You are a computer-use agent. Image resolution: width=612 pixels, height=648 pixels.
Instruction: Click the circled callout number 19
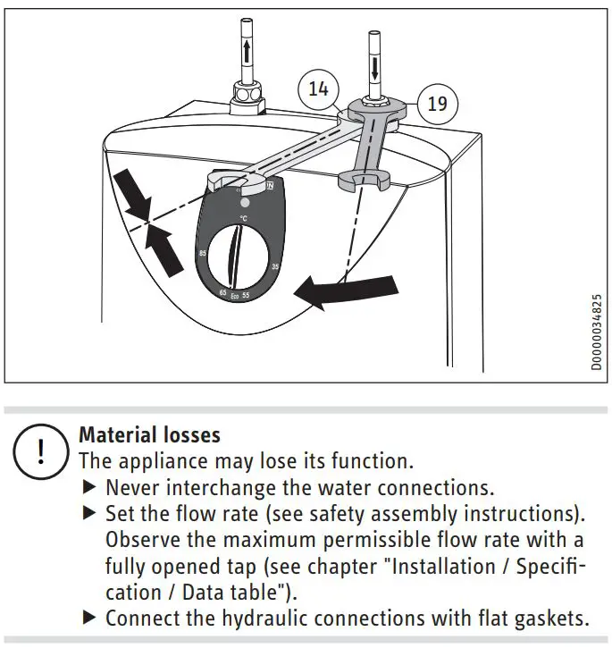(437, 104)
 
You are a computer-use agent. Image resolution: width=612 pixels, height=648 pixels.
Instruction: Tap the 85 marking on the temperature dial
(204, 255)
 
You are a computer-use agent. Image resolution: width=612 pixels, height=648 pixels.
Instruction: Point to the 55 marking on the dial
(247, 295)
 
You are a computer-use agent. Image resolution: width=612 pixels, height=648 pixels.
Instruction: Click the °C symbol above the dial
(243, 218)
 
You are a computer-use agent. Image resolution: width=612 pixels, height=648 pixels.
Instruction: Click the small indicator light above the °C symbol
(245, 203)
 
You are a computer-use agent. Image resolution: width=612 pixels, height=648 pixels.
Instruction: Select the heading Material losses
(149, 435)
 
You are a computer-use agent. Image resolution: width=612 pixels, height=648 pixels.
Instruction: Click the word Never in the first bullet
(133, 488)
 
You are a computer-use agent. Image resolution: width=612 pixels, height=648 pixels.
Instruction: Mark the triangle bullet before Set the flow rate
(88, 514)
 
